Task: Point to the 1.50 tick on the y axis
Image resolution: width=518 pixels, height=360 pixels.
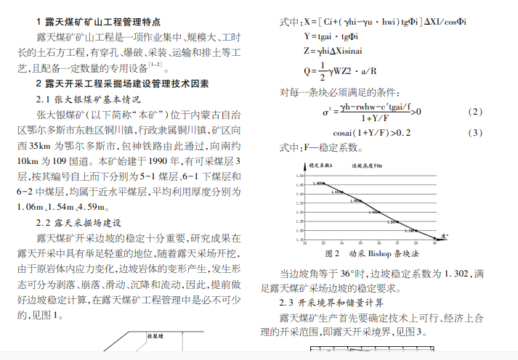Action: (x=301, y=176)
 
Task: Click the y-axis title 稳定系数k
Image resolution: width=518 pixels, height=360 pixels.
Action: (x=320, y=165)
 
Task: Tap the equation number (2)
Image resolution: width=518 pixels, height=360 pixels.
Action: (x=474, y=112)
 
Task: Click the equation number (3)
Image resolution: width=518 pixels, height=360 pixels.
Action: (x=474, y=133)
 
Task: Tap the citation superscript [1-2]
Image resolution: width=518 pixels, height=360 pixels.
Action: (x=155, y=64)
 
